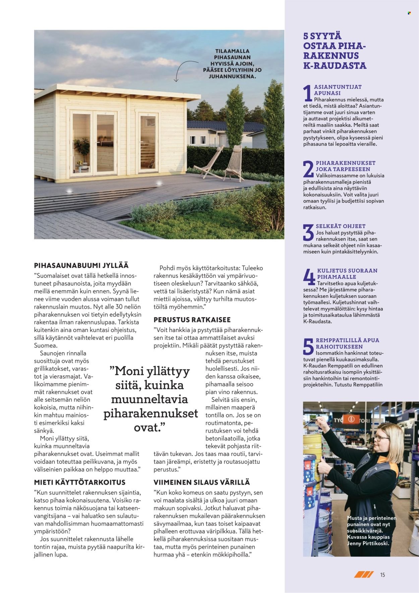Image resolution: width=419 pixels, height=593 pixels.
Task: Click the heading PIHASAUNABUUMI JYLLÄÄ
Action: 81,265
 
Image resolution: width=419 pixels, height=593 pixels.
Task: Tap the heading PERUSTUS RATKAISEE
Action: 192,320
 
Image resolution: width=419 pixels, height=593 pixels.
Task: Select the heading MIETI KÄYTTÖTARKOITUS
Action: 80,482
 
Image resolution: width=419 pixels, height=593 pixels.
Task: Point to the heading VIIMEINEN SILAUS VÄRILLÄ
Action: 202,482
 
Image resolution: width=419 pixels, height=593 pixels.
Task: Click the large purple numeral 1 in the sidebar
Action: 307,93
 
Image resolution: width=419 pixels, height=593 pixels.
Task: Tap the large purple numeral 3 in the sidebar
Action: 308,232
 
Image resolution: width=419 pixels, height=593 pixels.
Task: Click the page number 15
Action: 382,575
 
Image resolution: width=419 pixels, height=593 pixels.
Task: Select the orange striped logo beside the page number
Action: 364,575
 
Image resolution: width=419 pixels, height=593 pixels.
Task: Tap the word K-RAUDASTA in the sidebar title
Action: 335,65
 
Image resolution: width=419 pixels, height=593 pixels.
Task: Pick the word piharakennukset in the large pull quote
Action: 151,413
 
